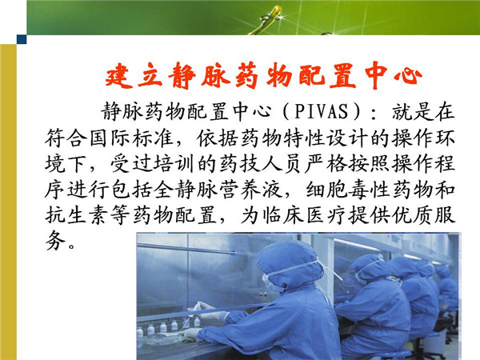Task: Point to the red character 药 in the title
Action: coord(248,75)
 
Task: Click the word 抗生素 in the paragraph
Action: coord(77,215)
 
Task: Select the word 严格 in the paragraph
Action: coord(326,164)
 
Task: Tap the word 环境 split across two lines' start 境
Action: coord(55,164)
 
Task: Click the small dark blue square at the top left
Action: coord(22,39)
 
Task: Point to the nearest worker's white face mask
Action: coord(271,282)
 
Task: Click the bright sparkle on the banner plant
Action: coord(278,15)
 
